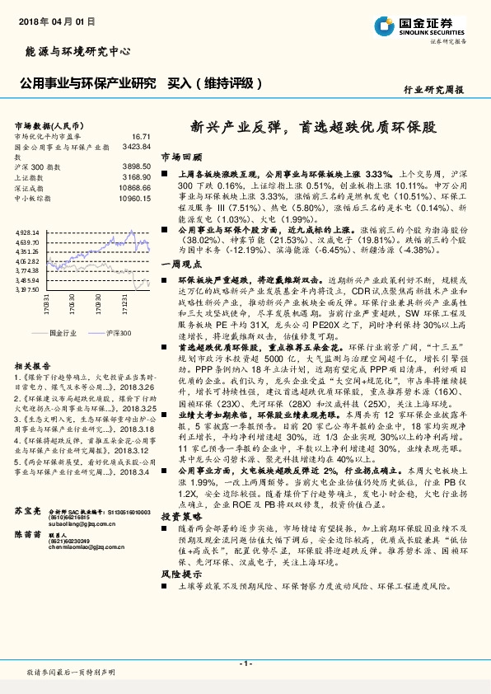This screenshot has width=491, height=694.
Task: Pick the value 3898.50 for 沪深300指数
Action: click(136, 166)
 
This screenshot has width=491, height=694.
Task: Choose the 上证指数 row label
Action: click(31, 177)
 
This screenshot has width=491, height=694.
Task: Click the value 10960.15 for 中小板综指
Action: click(134, 199)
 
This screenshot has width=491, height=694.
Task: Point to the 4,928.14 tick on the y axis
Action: click(28, 232)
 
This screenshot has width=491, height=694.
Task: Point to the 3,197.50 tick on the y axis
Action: click(28, 289)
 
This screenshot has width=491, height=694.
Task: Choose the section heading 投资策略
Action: click(180, 515)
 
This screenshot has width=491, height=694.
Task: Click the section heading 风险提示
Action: click(180, 573)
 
